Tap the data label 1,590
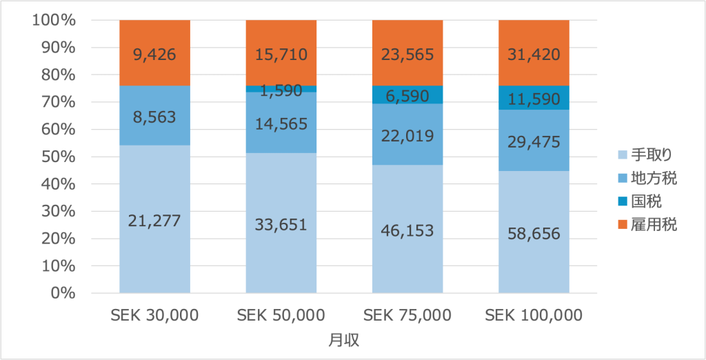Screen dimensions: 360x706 point(281,90)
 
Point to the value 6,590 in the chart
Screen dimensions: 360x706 point(407,95)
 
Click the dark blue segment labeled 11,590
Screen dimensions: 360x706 point(534,98)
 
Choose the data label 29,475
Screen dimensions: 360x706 point(534,142)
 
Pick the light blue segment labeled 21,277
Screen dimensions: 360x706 point(154,221)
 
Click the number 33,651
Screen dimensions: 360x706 point(281,226)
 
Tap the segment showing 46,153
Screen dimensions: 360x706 point(407,230)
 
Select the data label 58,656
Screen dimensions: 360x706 point(534,233)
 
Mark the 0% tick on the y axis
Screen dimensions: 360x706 point(61,293)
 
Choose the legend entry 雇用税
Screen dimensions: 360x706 point(649,224)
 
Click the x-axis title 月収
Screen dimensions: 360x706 point(344,340)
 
